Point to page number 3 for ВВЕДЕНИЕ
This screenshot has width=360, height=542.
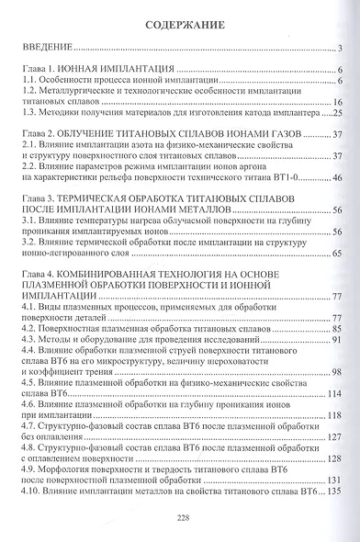click(x=340, y=49)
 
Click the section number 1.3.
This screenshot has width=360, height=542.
click(x=28, y=113)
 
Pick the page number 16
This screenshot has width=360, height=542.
click(x=337, y=102)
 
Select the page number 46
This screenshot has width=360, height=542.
click(x=337, y=177)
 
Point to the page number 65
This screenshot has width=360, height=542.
click(x=337, y=253)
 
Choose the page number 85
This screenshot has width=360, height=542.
click(x=337, y=328)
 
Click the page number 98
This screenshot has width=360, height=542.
click(x=337, y=371)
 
